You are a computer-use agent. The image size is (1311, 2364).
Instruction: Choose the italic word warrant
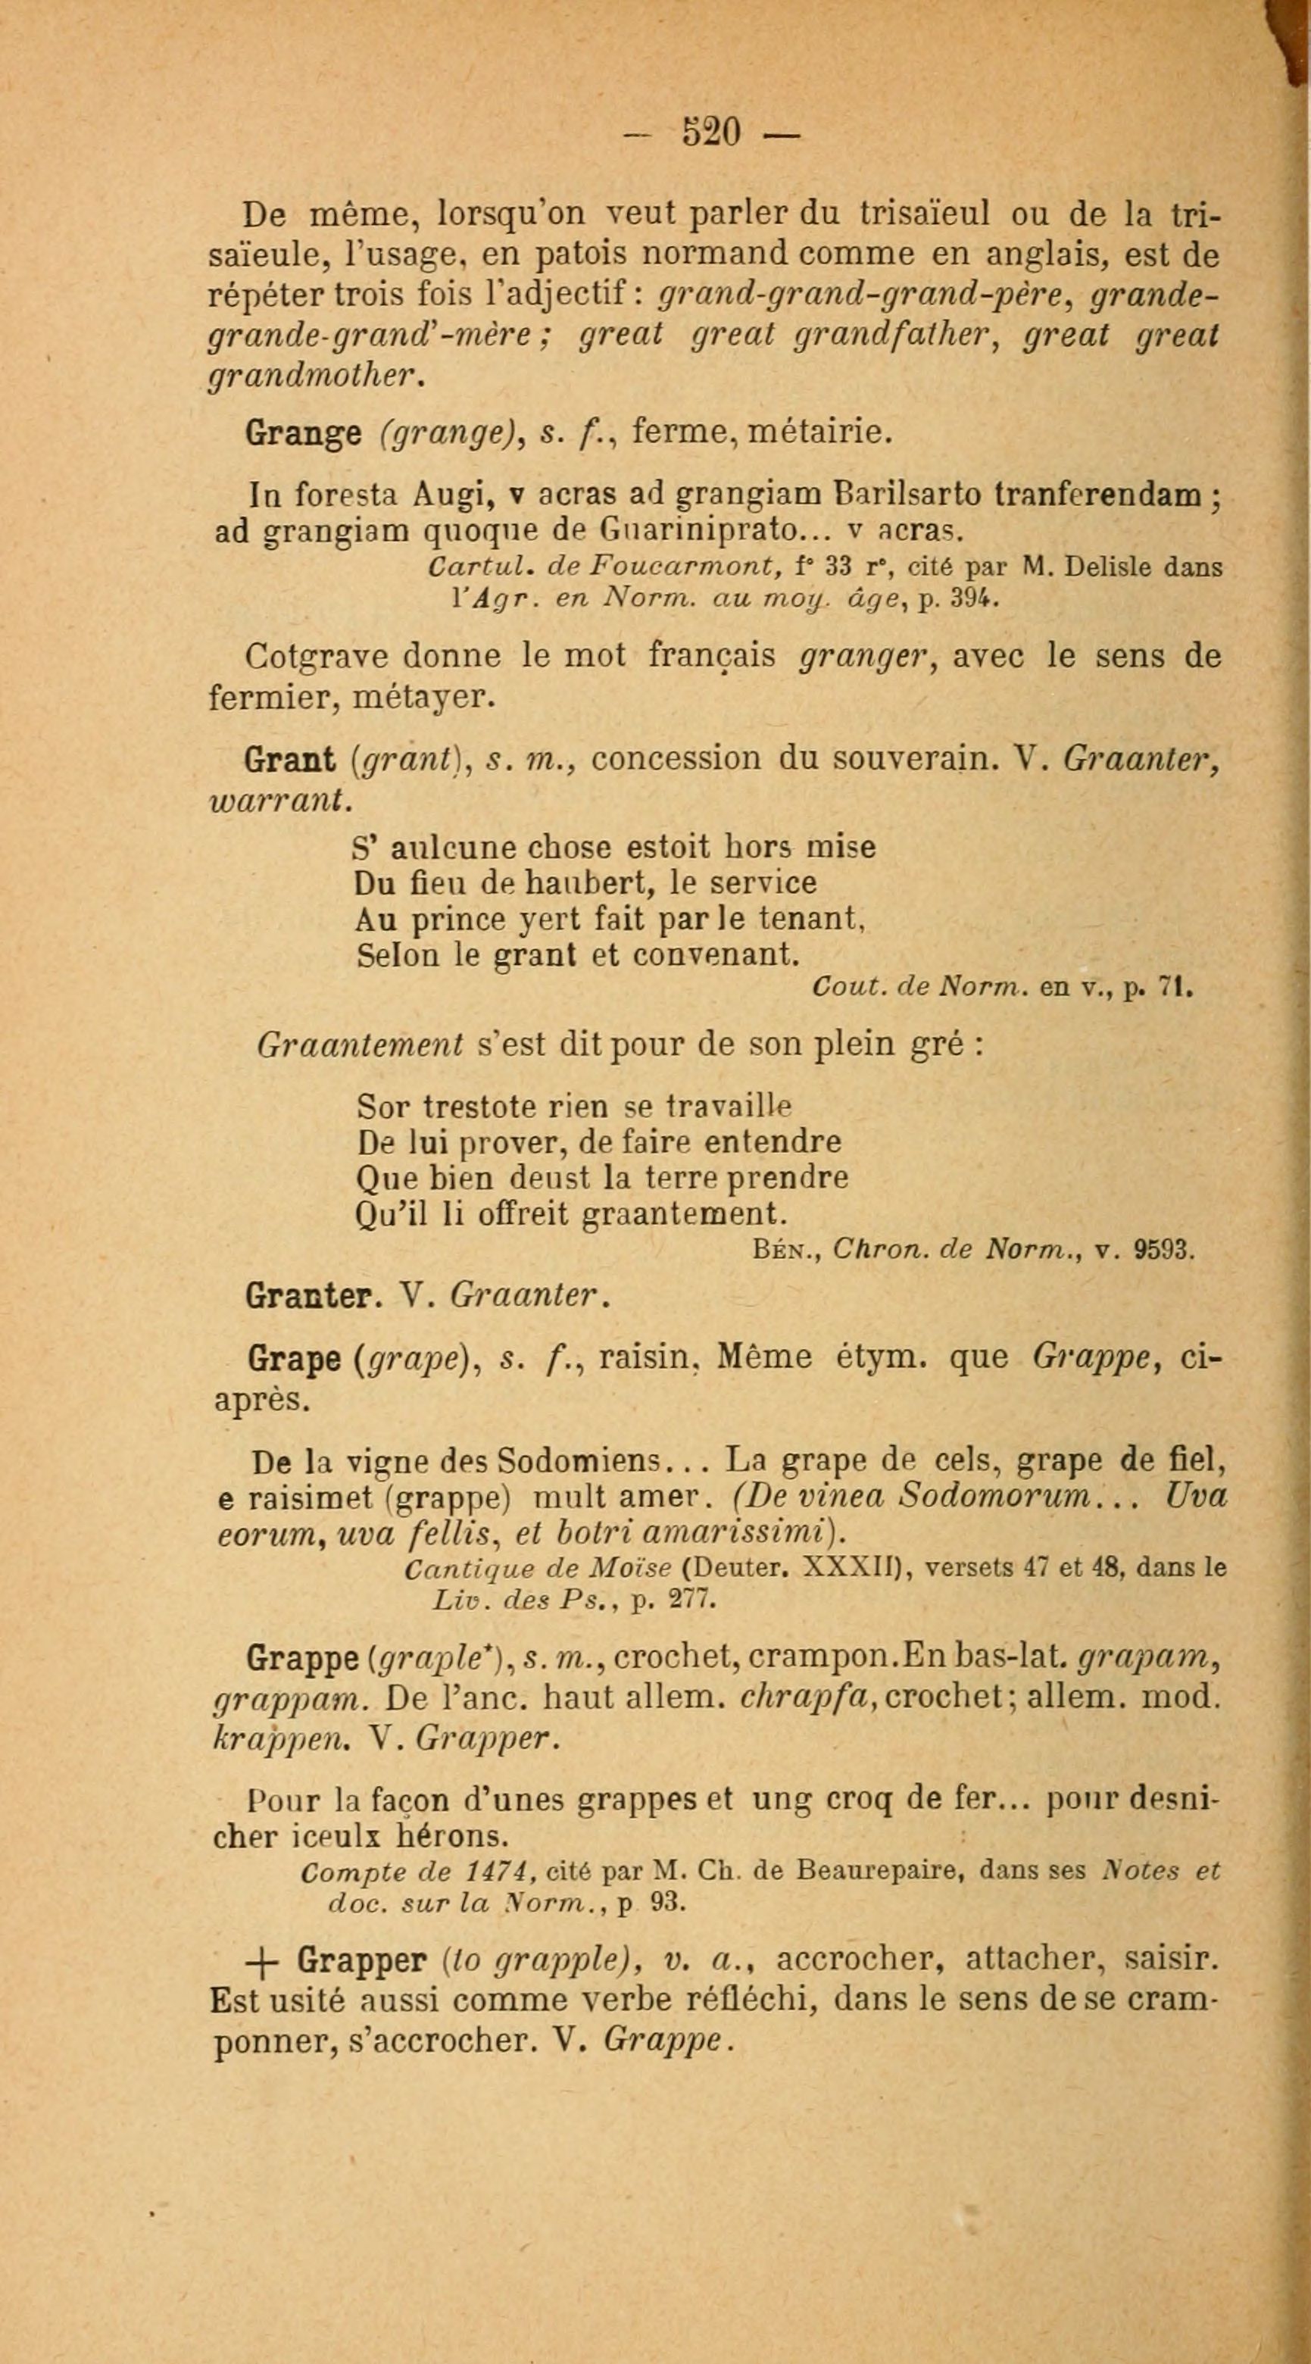point(279,799)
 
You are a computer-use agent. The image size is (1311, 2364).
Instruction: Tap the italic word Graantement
point(361,1045)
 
